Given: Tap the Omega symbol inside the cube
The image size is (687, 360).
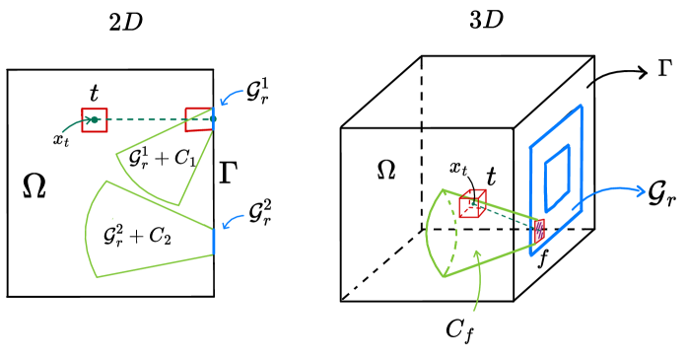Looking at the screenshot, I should [387, 171].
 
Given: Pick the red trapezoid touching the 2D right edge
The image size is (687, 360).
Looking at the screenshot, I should [198, 120].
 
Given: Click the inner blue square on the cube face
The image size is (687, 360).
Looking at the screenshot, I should [557, 164].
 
